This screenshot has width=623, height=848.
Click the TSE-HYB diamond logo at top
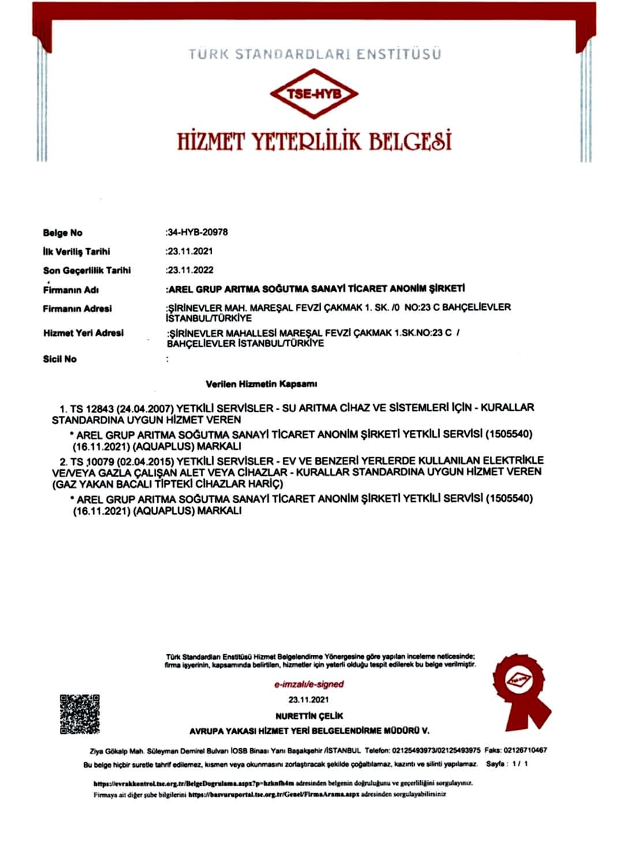(x=314, y=94)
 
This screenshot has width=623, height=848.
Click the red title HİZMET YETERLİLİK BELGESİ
(x=314, y=140)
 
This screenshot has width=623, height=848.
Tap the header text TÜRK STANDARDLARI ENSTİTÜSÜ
(x=314, y=54)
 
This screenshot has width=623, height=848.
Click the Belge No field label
(x=62, y=233)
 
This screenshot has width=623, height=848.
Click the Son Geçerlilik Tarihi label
(x=87, y=270)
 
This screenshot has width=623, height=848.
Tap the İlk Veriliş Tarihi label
(x=76, y=252)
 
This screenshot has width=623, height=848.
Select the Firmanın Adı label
(x=70, y=290)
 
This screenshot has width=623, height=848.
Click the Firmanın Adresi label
(x=77, y=309)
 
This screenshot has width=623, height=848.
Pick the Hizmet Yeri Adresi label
(x=83, y=333)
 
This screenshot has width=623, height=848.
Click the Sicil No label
(x=59, y=359)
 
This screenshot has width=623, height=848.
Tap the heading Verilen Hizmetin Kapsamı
(x=261, y=384)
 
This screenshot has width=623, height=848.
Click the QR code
(x=80, y=714)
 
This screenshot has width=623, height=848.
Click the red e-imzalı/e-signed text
(x=309, y=684)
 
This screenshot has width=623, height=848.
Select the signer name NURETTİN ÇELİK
(x=309, y=716)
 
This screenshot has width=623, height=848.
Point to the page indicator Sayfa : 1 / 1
(x=507, y=764)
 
